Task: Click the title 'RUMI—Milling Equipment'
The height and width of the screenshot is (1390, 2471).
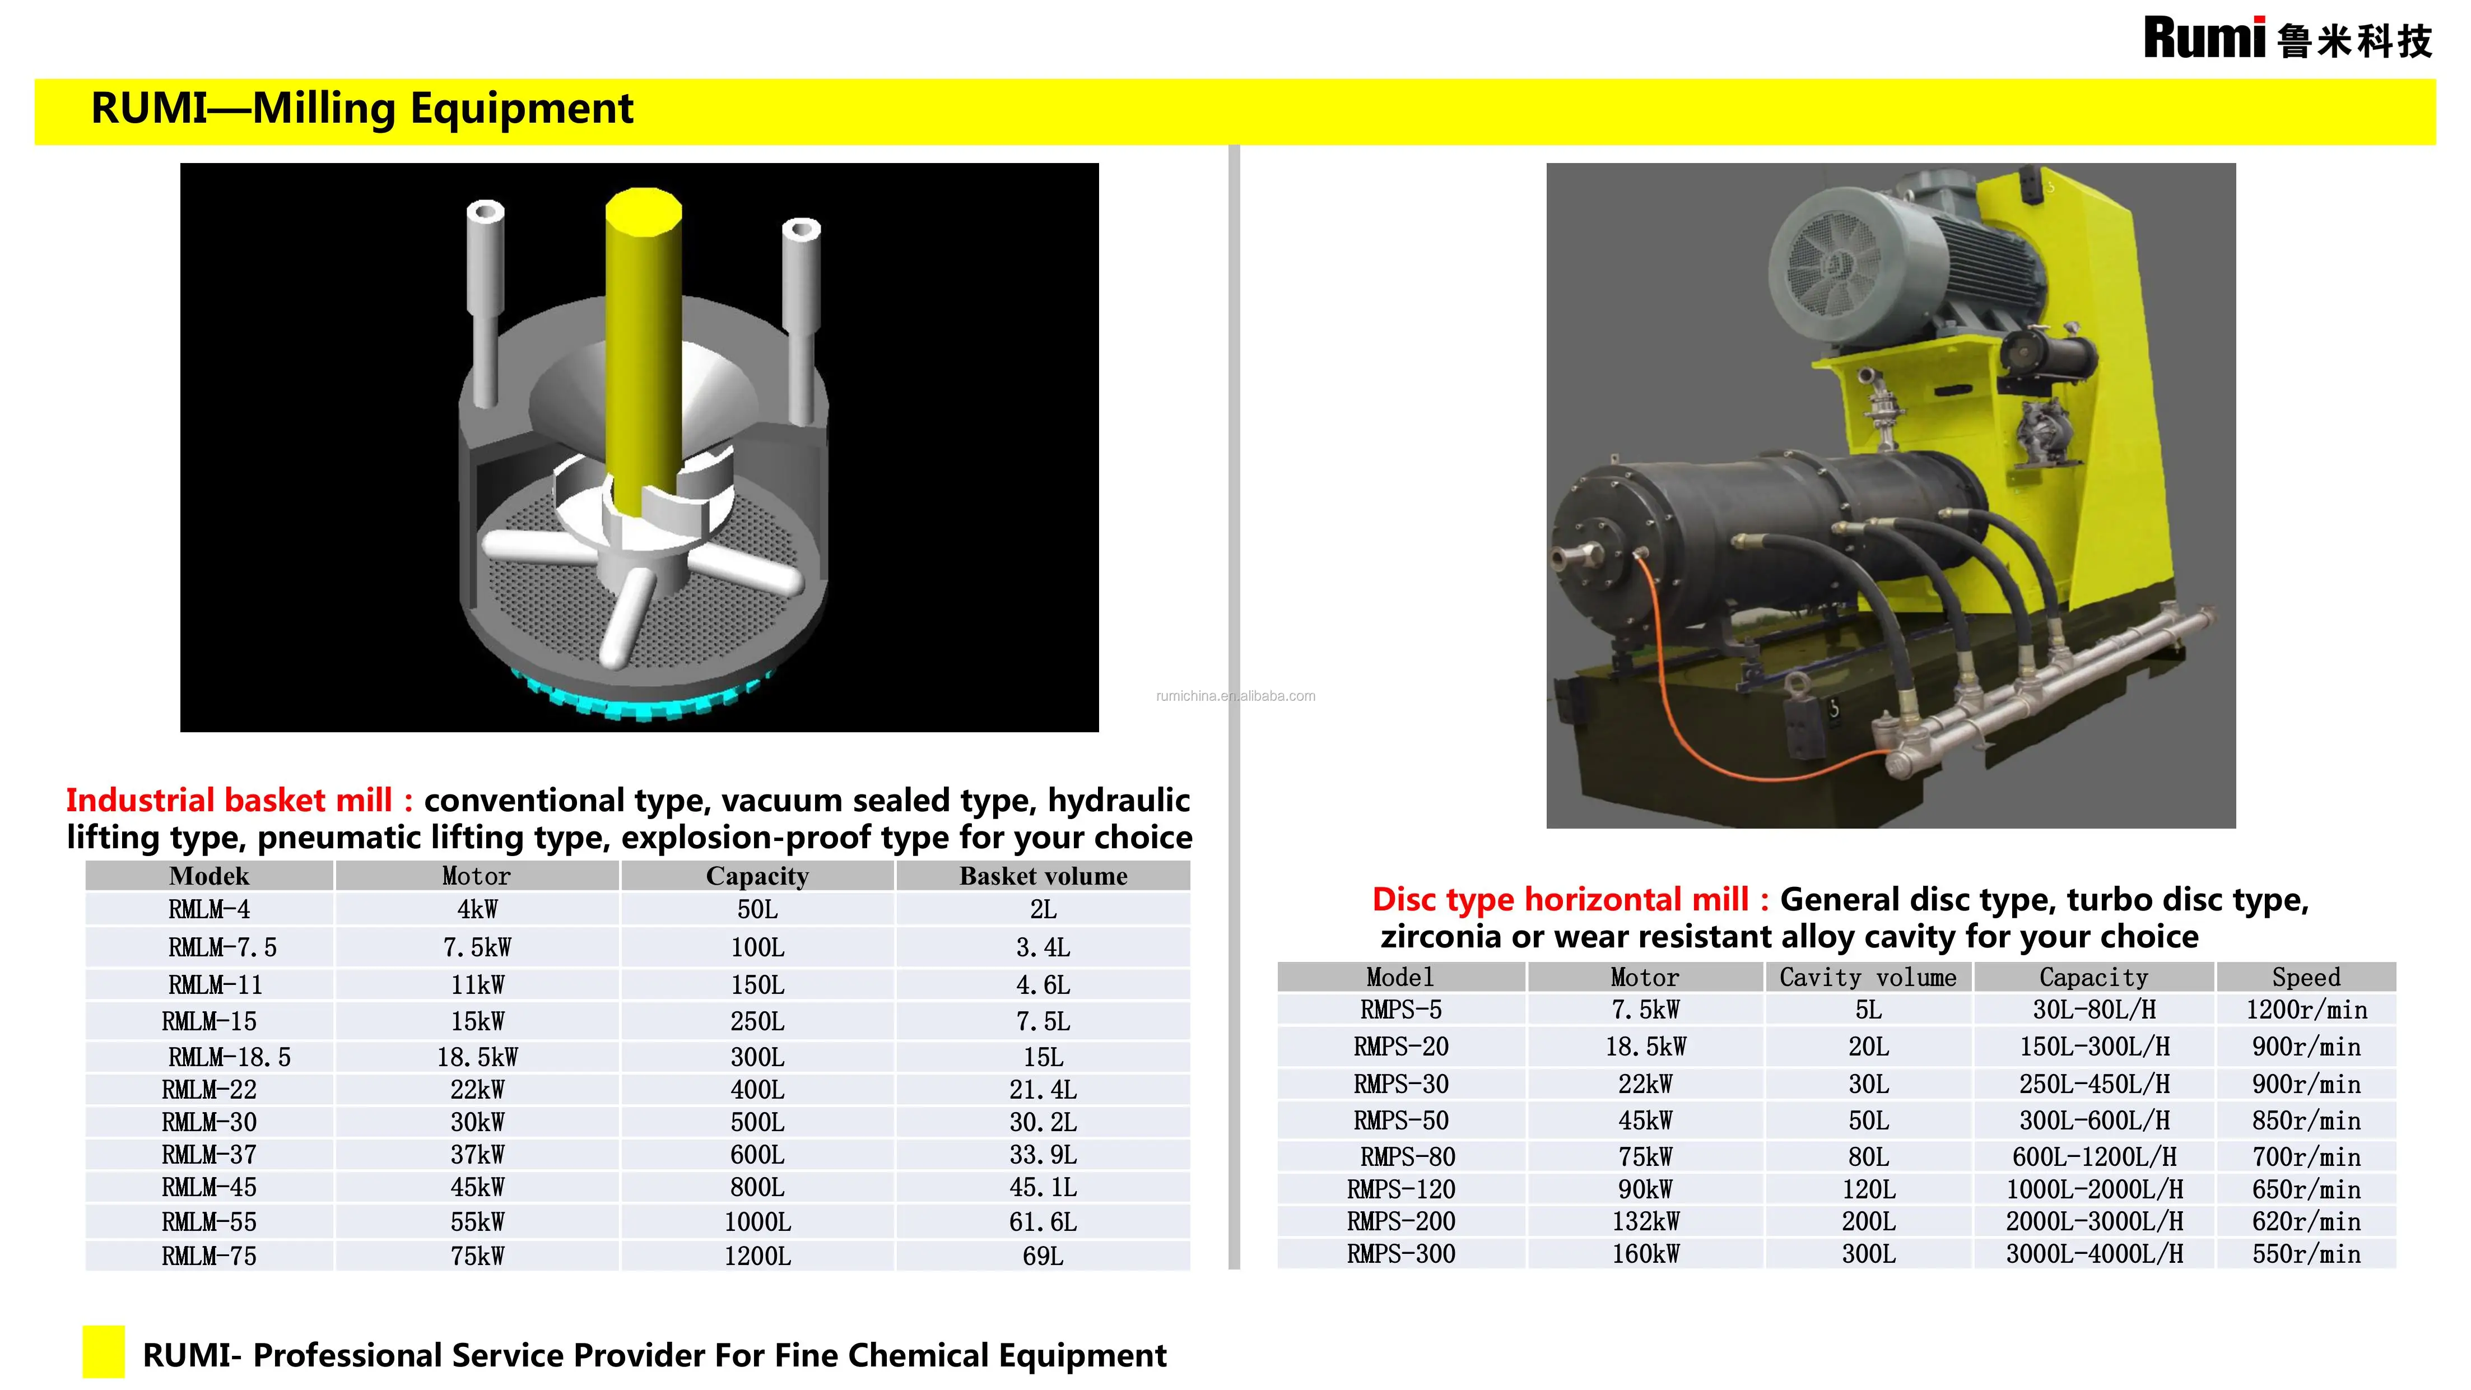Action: tap(362, 108)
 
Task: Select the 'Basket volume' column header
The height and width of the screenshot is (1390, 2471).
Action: tap(1043, 876)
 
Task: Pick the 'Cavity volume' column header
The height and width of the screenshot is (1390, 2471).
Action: tap(1868, 978)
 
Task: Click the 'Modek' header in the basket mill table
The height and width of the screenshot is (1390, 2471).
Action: tap(209, 876)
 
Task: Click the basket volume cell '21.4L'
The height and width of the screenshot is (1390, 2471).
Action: tap(1043, 1090)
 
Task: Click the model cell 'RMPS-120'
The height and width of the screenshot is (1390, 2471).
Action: tap(1400, 1189)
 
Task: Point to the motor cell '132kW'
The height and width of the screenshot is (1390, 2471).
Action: tap(1645, 1221)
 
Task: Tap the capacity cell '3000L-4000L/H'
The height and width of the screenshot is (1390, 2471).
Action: tap(2094, 1254)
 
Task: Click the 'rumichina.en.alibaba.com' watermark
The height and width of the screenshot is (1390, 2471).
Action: tap(1236, 696)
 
